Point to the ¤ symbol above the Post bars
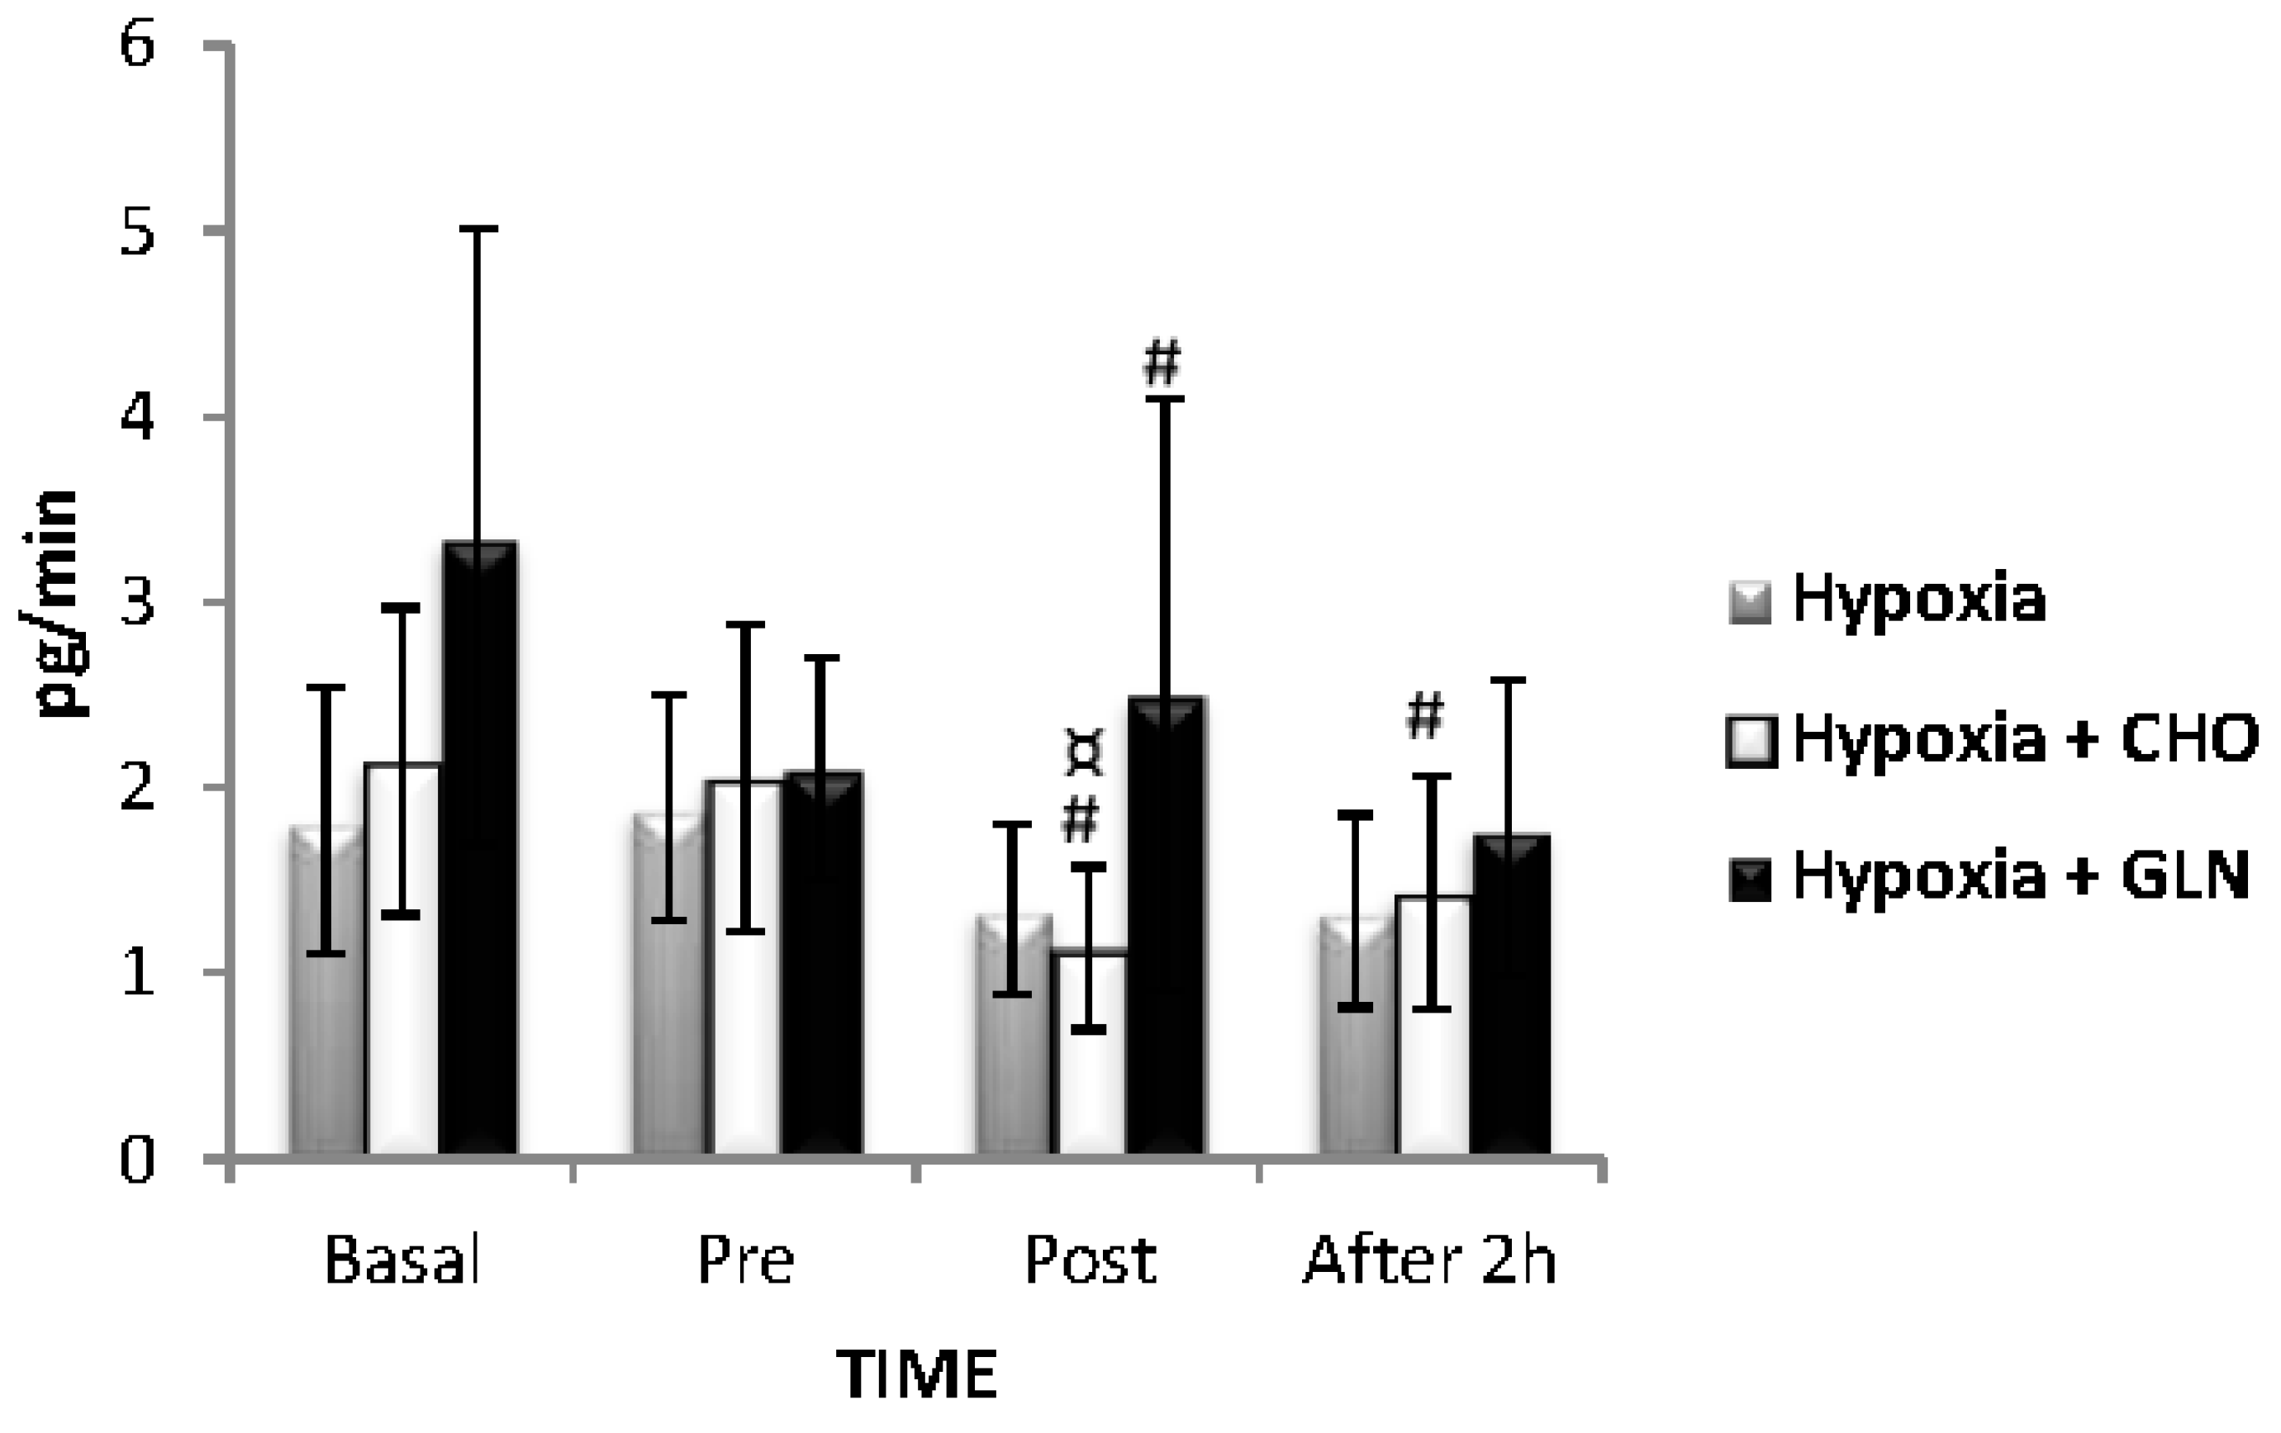coord(1084,754)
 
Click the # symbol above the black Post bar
coord(1162,363)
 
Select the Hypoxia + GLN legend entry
coord(1989,876)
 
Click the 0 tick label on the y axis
coord(137,1160)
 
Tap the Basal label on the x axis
coord(402,1260)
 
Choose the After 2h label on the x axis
coord(1430,1260)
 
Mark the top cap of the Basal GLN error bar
coord(479,230)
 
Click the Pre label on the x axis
coord(745,1260)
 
